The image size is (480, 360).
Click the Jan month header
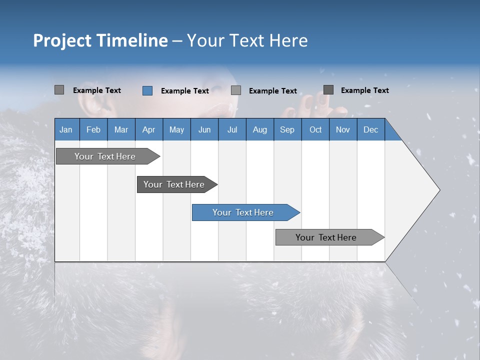pos(66,129)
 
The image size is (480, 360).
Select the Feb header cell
pos(93,129)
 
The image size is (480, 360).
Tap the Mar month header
pos(121,129)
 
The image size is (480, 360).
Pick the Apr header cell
pos(148,129)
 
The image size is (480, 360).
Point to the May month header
pos(176,129)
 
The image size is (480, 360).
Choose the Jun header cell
pos(204,129)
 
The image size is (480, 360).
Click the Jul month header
pos(232,129)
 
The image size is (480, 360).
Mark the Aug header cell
pos(260,129)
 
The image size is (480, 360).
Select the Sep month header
pos(287,129)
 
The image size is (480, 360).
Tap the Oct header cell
pos(315,129)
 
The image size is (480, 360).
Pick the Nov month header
pos(343,129)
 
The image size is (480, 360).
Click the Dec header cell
pos(370,129)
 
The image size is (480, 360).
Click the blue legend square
pos(147,90)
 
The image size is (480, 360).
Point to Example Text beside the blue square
pos(185,91)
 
